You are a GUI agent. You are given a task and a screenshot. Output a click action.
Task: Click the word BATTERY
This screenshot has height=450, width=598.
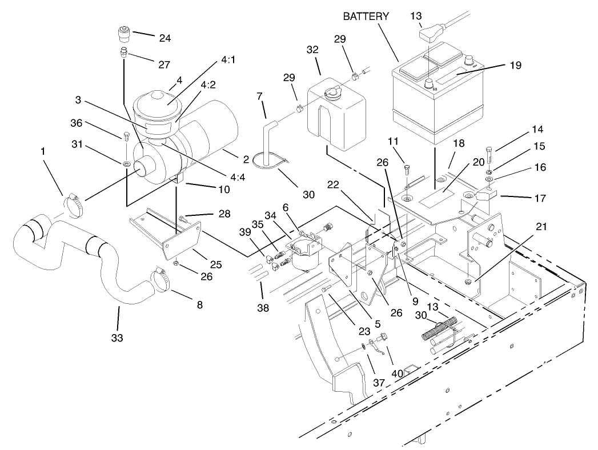366,16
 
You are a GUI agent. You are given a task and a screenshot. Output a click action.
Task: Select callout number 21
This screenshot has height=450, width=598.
541,227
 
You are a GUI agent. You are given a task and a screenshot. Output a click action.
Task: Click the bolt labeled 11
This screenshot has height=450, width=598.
407,169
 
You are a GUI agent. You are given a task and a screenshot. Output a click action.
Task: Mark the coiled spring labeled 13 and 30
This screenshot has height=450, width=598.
438,330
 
